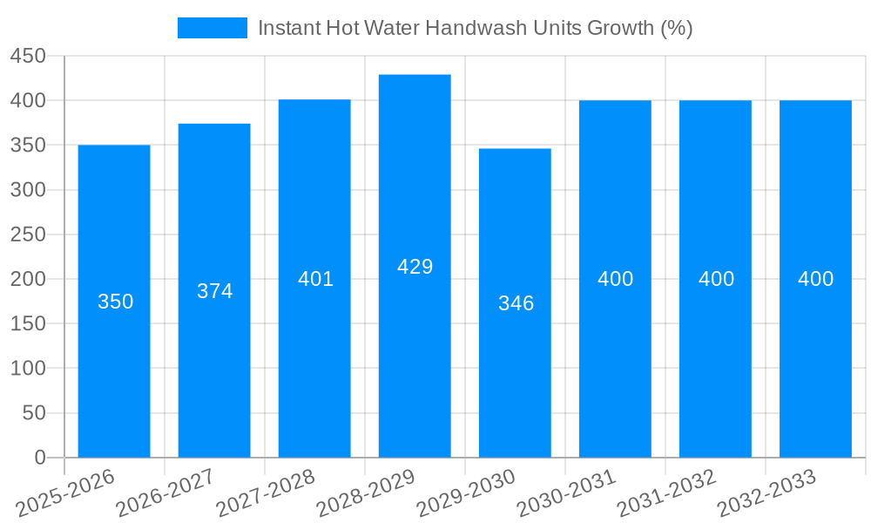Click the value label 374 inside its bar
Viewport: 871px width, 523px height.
[x=214, y=291]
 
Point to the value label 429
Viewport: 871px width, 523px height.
[x=415, y=267]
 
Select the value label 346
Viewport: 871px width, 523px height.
[x=516, y=303]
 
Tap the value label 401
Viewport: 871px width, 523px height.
[x=315, y=279]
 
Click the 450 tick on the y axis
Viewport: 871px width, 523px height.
[x=28, y=56]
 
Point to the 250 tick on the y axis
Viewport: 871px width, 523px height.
[x=28, y=234]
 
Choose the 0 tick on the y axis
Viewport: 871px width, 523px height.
[x=39, y=458]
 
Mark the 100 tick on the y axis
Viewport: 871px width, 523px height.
[x=28, y=369]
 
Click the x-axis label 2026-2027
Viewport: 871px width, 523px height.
[x=165, y=493]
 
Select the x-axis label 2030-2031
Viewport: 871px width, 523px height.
[x=566, y=493]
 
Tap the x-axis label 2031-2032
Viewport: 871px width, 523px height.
[x=666, y=493]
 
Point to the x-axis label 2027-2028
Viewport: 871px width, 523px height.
[x=266, y=493]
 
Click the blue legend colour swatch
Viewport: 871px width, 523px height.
[x=212, y=28]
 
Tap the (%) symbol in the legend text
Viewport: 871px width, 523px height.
[x=676, y=28]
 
